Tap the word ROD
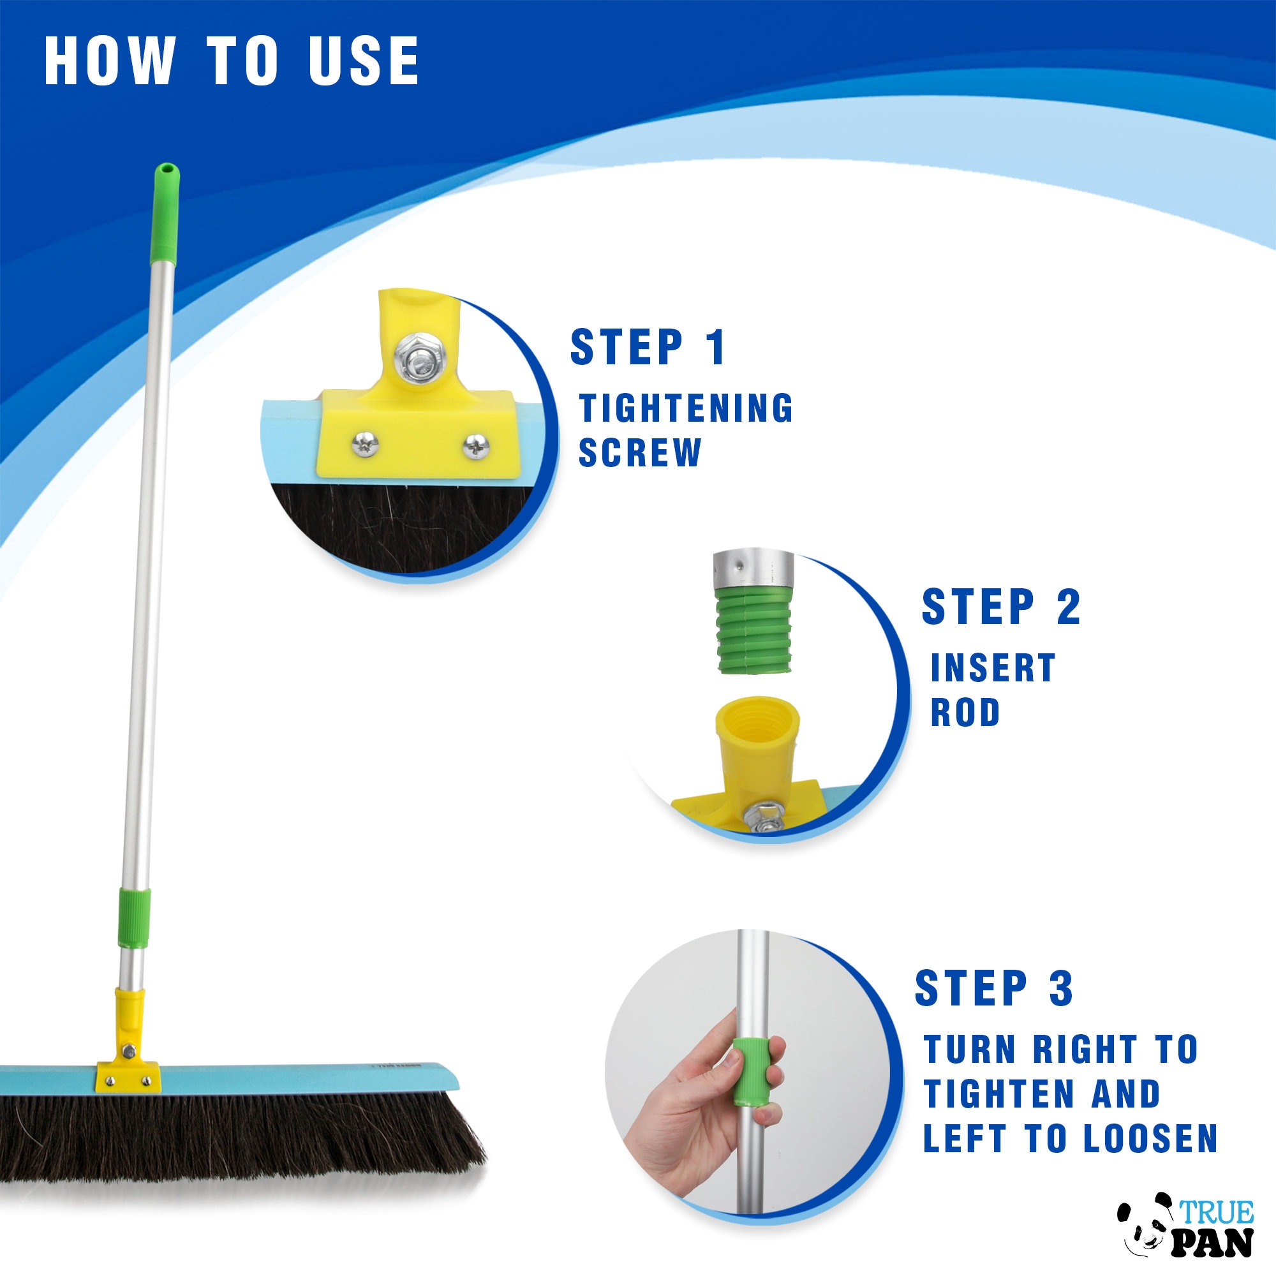(965, 713)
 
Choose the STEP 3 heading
(994, 989)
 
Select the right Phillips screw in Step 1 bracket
(475, 446)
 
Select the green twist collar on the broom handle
(134, 918)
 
